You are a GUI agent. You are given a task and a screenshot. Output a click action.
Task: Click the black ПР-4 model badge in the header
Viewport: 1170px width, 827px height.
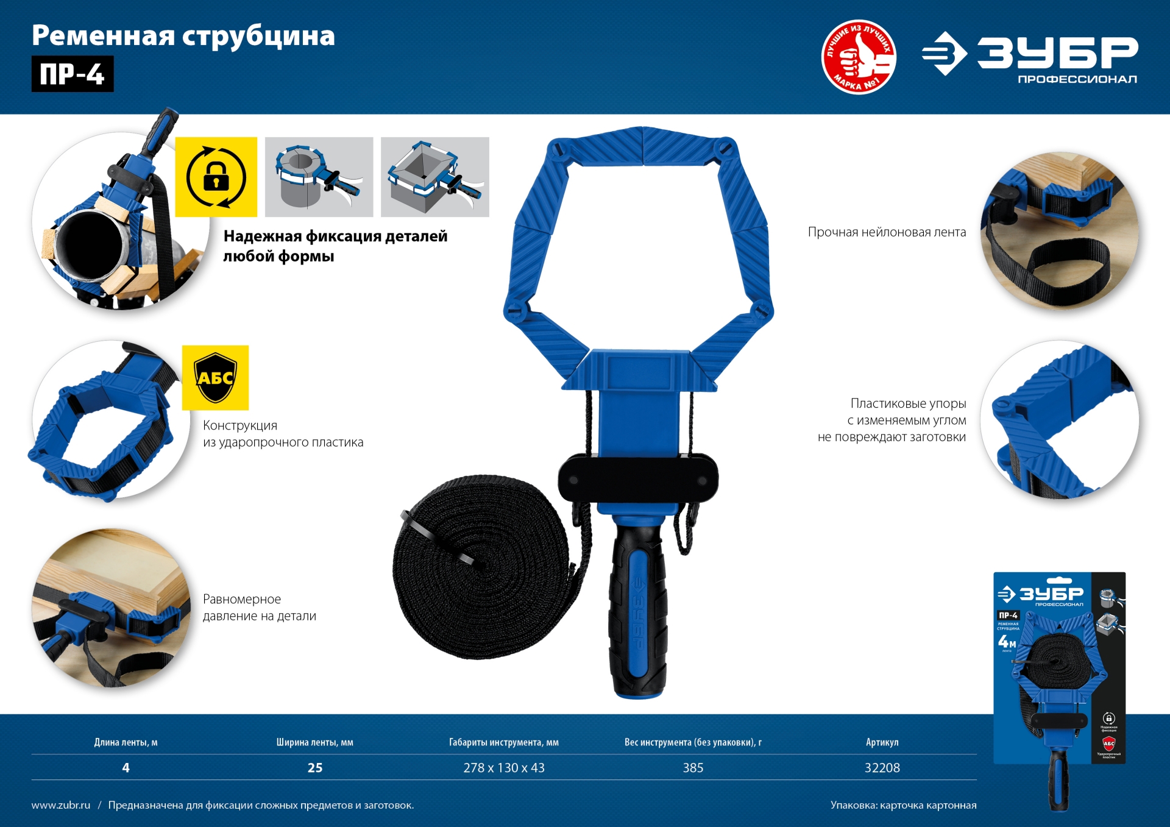(x=72, y=74)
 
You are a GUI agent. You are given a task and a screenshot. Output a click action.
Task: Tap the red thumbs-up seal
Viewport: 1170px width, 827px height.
(x=859, y=57)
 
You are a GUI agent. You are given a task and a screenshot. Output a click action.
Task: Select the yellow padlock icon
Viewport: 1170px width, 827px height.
(x=216, y=177)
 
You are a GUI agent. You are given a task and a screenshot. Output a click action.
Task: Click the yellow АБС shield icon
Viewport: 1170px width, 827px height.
(x=215, y=378)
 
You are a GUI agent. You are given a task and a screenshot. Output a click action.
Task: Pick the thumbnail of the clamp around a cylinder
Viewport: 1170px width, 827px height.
(x=319, y=177)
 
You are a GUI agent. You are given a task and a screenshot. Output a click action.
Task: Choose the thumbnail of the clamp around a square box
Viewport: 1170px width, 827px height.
(x=434, y=177)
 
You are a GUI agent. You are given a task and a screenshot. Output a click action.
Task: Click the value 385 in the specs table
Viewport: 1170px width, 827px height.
(x=693, y=768)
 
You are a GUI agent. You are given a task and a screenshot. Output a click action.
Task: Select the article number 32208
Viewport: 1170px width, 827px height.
(x=882, y=768)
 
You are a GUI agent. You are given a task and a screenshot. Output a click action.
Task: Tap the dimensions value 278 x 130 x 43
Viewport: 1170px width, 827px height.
(x=504, y=768)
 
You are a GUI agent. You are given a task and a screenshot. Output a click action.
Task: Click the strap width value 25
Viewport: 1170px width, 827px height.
(x=315, y=768)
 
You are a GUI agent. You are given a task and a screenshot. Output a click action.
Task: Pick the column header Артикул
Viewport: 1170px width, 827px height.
(x=882, y=742)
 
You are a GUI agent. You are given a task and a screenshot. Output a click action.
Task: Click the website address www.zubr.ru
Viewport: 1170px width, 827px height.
(x=61, y=805)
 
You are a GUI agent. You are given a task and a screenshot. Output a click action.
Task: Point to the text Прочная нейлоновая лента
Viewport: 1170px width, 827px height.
(x=887, y=232)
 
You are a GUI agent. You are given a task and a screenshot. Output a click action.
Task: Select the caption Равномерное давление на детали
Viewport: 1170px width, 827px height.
(x=259, y=608)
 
